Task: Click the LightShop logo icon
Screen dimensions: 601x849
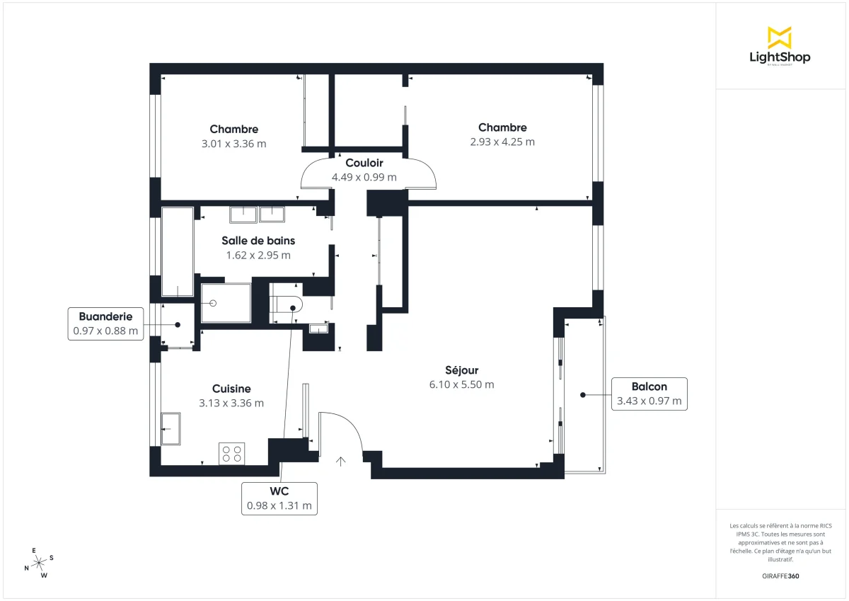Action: click(x=779, y=38)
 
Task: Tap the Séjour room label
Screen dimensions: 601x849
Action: click(x=461, y=370)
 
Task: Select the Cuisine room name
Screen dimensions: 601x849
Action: click(x=231, y=389)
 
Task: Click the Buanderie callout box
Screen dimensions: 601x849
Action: click(x=105, y=324)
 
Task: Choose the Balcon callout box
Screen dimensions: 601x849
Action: click(x=649, y=394)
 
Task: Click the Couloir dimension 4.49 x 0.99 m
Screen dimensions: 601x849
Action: click(x=364, y=178)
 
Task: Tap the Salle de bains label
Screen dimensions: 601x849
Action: click(x=258, y=241)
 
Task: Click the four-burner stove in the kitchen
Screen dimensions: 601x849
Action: click(x=231, y=453)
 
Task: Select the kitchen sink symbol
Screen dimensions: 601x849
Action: click(x=171, y=428)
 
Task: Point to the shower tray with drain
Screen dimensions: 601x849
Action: click(x=226, y=303)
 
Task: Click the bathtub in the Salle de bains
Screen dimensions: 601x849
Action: click(x=177, y=251)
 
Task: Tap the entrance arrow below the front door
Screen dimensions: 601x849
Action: click(x=341, y=462)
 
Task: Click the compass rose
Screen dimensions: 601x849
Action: click(x=39, y=562)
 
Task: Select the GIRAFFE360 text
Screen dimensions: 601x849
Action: click(x=780, y=576)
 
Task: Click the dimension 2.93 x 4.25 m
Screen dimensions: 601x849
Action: click(x=502, y=142)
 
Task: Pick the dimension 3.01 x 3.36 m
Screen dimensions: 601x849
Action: click(x=233, y=144)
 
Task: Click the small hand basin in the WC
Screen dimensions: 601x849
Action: click(x=319, y=328)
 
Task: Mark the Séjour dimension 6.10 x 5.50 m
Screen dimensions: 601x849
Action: click(x=461, y=385)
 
